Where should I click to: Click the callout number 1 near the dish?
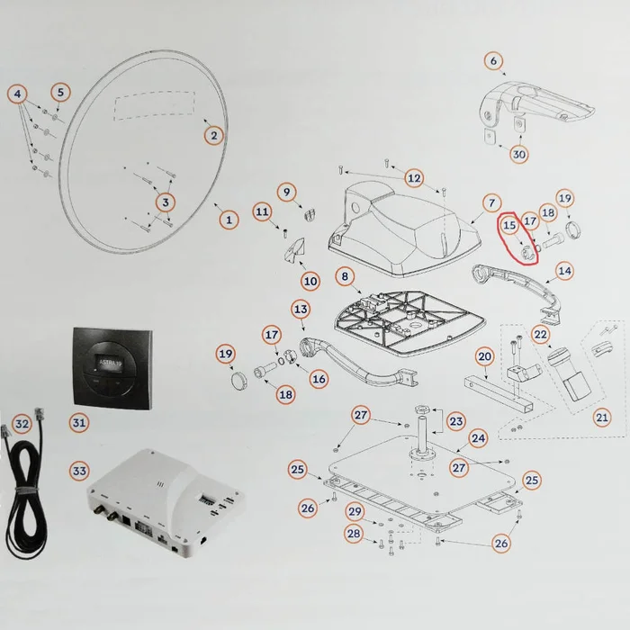point(229,219)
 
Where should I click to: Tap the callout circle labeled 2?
point(213,136)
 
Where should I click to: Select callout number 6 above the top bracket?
point(492,60)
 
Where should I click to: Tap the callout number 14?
point(564,269)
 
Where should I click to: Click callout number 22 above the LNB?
point(540,334)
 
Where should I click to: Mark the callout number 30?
point(519,154)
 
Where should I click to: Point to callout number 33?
point(79,471)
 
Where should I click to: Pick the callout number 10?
point(310,281)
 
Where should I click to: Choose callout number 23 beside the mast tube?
point(456,420)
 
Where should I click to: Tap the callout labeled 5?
point(60,92)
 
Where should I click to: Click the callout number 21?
point(602,417)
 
